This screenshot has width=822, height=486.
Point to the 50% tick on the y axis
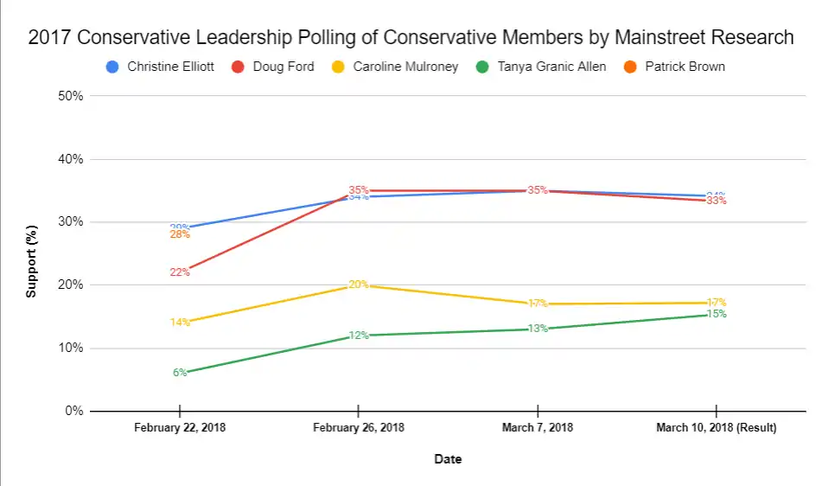coord(70,96)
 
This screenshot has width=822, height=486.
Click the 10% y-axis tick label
coord(70,349)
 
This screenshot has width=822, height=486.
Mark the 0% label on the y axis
coord(73,412)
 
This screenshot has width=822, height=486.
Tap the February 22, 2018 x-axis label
coord(179,428)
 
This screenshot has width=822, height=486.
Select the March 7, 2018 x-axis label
coord(537,428)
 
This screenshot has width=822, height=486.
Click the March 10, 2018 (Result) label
coord(716,428)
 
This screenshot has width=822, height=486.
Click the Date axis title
coord(448,459)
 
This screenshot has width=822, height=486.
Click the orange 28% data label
coord(180,234)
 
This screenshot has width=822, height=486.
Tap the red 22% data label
coord(180,272)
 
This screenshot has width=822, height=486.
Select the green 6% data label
coord(180,373)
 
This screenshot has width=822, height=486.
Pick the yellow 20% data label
coord(359,285)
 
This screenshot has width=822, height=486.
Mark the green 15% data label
coord(717,314)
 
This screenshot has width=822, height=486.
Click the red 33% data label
coord(717,201)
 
